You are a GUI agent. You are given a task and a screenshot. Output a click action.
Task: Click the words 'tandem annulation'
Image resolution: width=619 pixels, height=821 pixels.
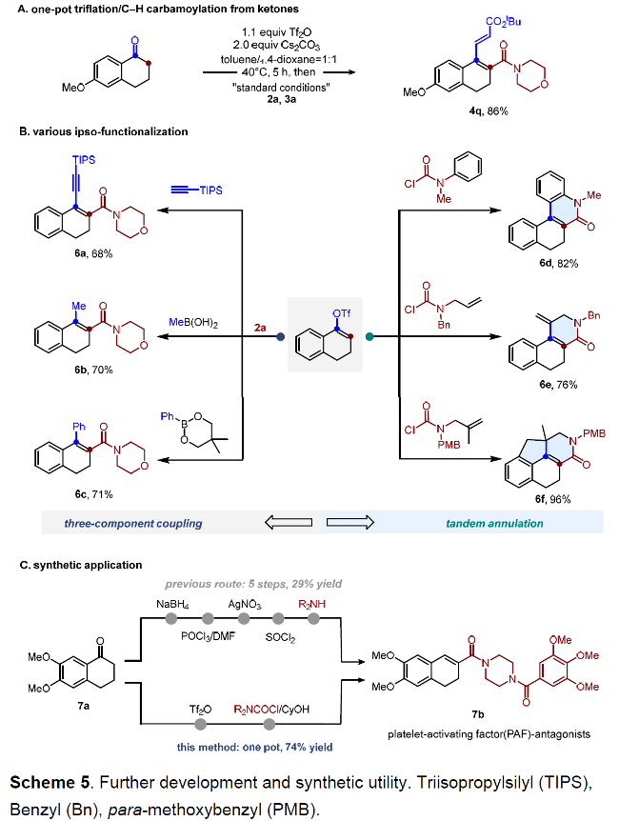[494, 523]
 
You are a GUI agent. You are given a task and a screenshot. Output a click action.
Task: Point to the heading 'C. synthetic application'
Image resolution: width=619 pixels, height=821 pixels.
[81, 566]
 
